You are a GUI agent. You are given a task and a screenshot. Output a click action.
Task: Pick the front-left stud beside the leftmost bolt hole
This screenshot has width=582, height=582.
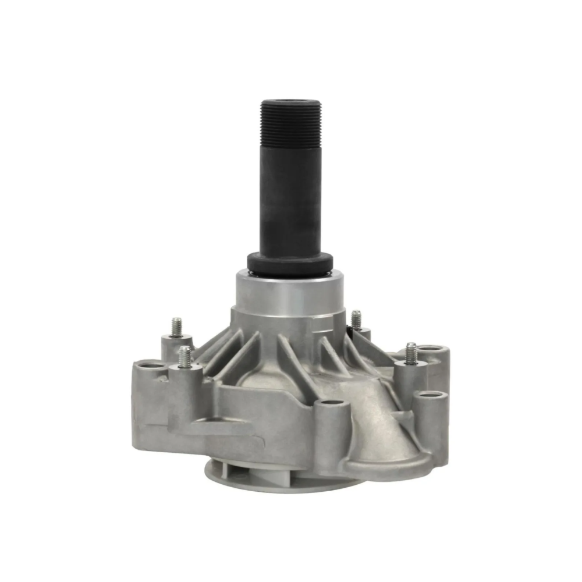click(185, 356)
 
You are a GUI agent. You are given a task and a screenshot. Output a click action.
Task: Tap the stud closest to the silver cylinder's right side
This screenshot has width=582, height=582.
click(356, 320)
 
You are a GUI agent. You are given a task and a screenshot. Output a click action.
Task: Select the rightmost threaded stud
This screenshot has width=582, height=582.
click(411, 353)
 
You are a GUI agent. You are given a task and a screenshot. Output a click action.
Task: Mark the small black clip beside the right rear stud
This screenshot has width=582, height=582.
click(349, 331)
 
